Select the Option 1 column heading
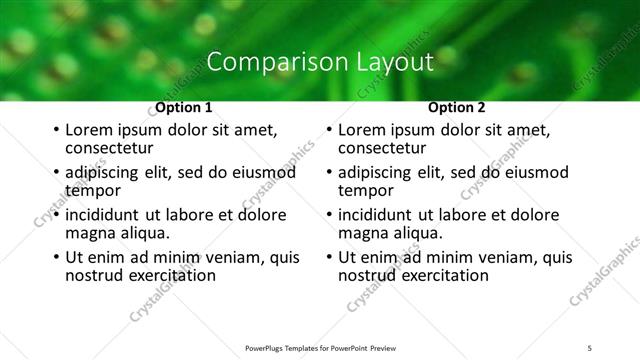coord(184,108)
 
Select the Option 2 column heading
coord(457,108)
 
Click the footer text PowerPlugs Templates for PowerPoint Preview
coord(320,347)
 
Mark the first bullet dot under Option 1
coord(56,131)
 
